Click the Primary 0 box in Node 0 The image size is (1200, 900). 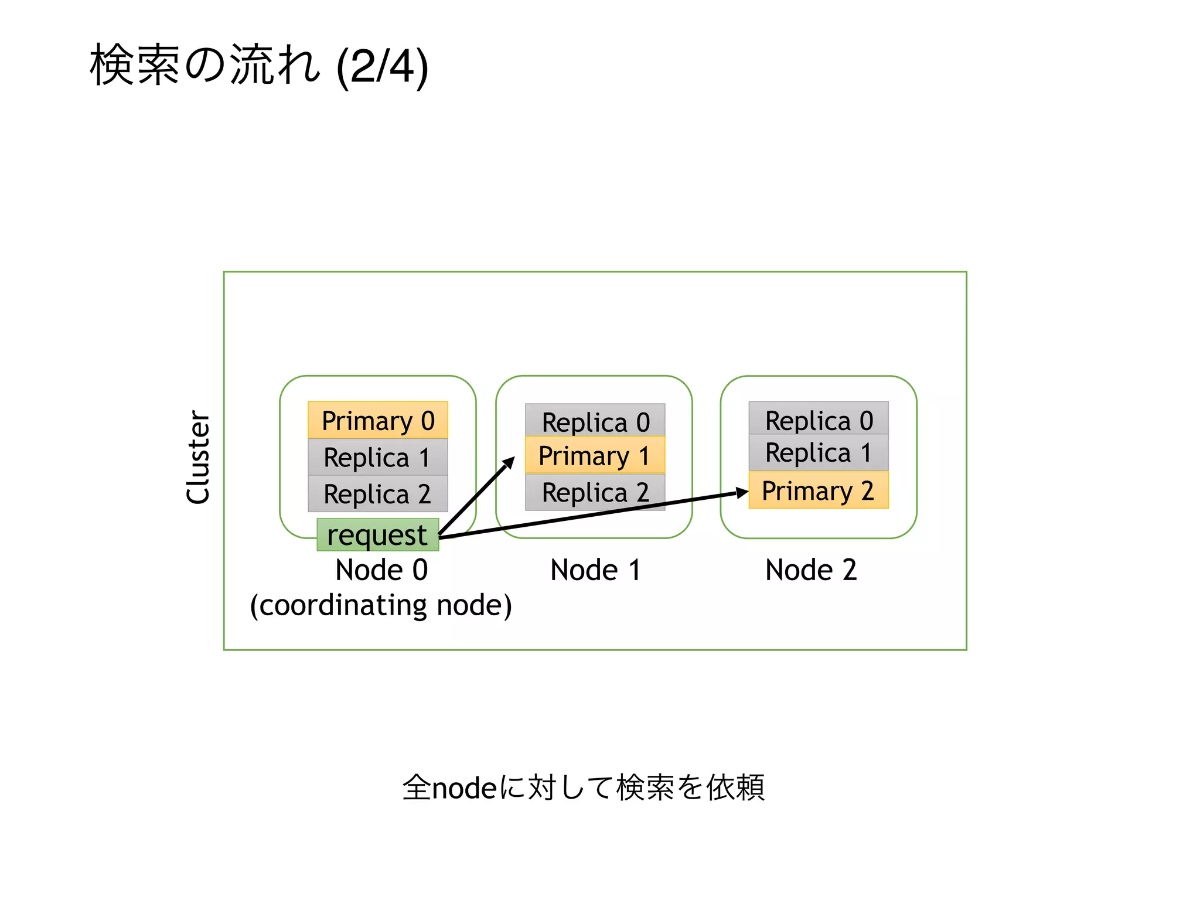(x=378, y=420)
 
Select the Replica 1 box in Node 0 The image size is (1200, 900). (x=378, y=457)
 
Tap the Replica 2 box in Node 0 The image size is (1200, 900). (x=378, y=493)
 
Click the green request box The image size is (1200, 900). (x=377, y=535)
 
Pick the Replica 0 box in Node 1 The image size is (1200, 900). (x=595, y=421)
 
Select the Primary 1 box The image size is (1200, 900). (x=595, y=455)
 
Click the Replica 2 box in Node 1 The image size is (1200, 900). (x=595, y=492)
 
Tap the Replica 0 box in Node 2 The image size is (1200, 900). (x=819, y=418)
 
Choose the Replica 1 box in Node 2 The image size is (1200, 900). (x=819, y=452)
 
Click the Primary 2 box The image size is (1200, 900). (x=819, y=490)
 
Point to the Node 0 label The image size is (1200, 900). (x=381, y=570)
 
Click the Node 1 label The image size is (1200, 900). (x=595, y=570)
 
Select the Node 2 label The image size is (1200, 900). (x=811, y=570)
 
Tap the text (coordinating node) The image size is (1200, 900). (x=381, y=605)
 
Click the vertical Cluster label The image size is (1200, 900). (x=198, y=457)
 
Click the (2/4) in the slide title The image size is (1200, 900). (x=383, y=67)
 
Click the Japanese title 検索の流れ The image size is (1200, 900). (x=205, y=65)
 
